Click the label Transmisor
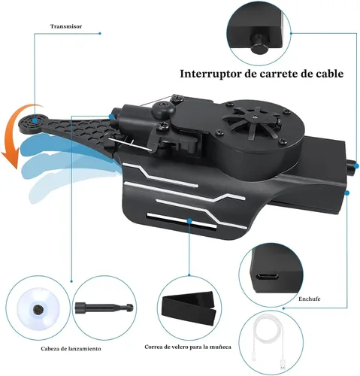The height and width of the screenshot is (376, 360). click(x=66, y=26)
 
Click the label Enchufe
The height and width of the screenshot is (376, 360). click(x=310, y=299)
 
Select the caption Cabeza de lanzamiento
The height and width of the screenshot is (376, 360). click(x=71, y=349)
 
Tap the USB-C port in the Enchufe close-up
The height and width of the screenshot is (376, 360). click(x=267, y=277)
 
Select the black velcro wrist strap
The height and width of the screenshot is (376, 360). click(x=189, y=308)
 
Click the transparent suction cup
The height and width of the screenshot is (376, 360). click(x=38, y=309)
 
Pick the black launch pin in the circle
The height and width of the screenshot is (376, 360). click(x=104, y=307)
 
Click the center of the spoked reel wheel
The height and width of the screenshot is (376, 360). click(x=254, y=116)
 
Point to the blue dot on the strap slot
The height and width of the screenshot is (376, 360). click(x=189, y=220)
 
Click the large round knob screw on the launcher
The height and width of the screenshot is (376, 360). click(x=164, y=108)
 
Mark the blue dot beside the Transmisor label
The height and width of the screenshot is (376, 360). click(x=100, y=33)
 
